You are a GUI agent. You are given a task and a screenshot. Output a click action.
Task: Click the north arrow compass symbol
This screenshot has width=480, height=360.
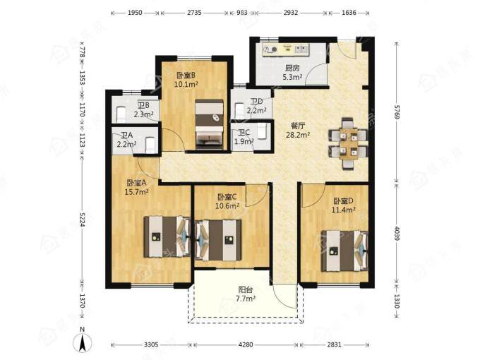coord(82,340)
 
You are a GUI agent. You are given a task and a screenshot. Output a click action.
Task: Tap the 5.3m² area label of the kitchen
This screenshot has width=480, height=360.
coord(292,77)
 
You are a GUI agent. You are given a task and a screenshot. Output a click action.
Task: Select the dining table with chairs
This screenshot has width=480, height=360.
coord(349,143)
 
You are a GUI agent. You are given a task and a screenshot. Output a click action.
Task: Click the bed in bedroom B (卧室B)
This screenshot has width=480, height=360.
coord(209,124)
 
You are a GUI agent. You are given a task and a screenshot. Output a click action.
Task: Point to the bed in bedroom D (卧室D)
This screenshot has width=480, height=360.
coord(344,251)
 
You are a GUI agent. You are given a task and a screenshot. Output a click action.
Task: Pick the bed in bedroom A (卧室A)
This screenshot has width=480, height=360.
coord(167,236)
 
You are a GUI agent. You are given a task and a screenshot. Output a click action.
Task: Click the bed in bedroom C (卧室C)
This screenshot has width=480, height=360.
coord(218,240)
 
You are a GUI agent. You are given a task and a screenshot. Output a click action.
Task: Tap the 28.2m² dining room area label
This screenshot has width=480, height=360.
coord(298,135)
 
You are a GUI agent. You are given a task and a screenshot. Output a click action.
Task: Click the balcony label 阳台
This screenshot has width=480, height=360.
coord(246,289)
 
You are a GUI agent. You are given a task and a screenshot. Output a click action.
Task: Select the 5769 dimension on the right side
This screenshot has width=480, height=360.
coord(397,112)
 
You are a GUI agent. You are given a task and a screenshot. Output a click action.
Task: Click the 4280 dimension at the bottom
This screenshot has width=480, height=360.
coord(246,344)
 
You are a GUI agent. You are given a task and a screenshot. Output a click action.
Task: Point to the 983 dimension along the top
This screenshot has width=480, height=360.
coord(242,13)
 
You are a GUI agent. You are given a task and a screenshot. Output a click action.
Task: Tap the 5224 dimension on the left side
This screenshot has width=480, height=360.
coord(82,219)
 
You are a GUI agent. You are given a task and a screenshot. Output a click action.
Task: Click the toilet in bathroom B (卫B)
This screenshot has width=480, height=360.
coord(121,114)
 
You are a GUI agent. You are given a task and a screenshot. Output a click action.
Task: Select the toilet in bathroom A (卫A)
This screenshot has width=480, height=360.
coord(150,145)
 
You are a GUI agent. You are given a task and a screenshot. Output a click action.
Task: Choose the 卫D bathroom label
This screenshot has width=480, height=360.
coord(256,101)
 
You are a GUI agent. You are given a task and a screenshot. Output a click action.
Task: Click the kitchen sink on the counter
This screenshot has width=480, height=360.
coord(300,49)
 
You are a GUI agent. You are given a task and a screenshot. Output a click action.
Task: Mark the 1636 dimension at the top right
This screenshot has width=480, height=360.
coord(349,13)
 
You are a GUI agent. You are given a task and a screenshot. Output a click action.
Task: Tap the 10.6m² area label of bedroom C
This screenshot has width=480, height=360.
coord(227,205)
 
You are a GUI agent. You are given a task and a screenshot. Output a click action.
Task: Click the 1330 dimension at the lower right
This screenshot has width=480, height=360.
coord(397,301)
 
